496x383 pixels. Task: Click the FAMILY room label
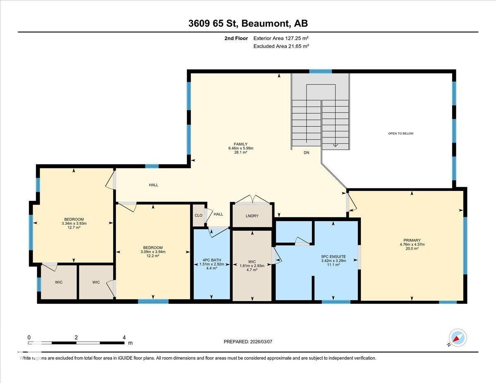241,144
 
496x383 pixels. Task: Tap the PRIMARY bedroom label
412,240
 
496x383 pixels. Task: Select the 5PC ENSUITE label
333,257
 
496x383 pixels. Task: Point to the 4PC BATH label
212,260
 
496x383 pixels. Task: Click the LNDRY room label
252,216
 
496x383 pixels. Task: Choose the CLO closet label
198,215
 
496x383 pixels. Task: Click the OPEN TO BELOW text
401,133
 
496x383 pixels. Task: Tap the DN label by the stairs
306,153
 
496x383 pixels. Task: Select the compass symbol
458,338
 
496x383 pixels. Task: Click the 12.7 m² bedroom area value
74,228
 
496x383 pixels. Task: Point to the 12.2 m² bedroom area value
153,256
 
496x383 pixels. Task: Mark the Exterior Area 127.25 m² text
281,38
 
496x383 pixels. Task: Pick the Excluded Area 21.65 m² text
281,46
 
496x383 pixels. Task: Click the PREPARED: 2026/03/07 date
248,342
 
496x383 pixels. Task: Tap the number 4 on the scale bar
124,337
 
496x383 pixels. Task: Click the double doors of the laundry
252,200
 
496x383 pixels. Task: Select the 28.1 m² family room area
241,152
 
